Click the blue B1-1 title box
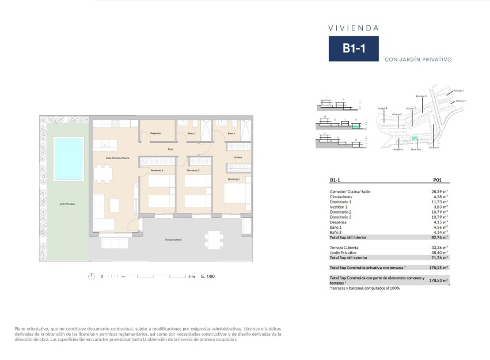point(354,49)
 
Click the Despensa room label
point(155,134)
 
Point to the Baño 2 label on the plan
point(192,134)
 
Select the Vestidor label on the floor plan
point(238,157)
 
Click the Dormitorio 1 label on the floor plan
point(234,179)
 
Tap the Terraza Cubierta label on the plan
point(173,239)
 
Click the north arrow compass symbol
point(91,276)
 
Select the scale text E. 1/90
point(207,276)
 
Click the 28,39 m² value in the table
point(440,191)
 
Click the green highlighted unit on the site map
point(415,139)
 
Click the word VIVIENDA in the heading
point(353,27)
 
